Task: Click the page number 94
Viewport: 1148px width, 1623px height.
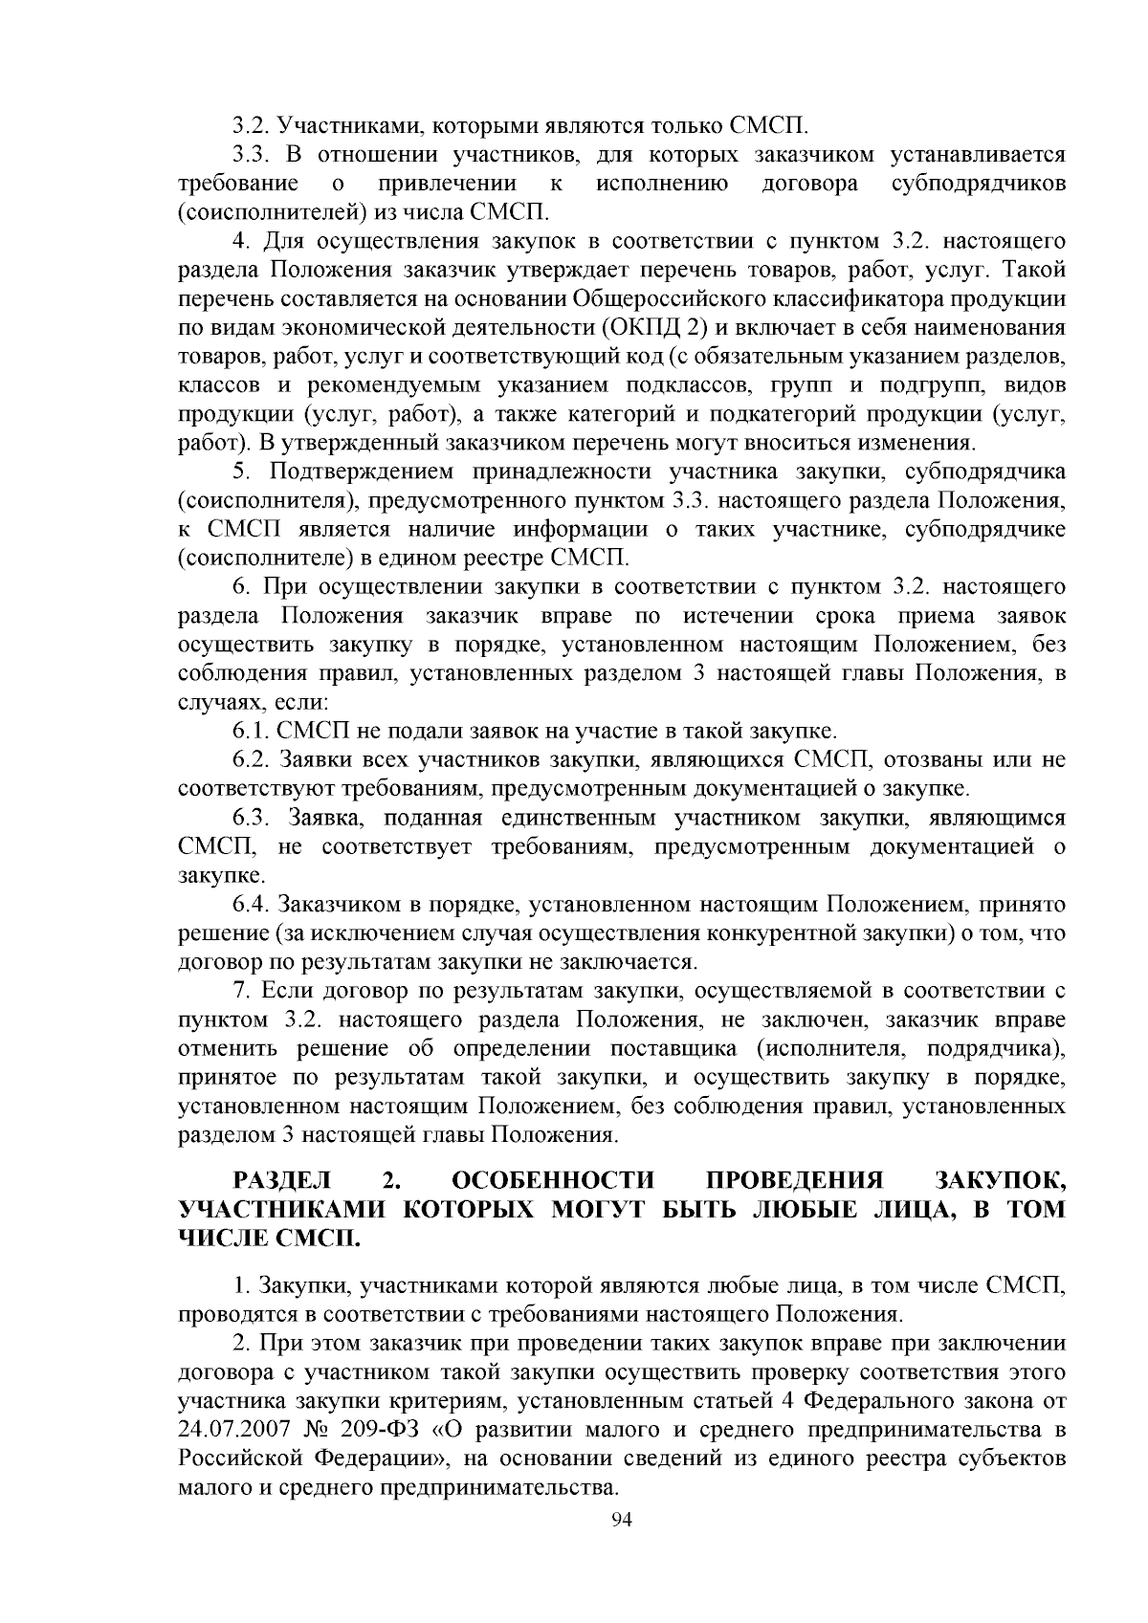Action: tap(622, 1520)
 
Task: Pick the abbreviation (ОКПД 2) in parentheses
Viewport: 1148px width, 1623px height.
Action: tap(654, 328)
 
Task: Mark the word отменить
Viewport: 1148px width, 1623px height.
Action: tap(227, 1048)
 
